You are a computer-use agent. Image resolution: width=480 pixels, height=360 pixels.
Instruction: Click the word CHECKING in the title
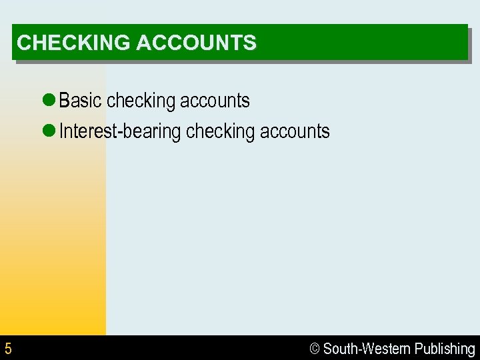[x=73, y=43]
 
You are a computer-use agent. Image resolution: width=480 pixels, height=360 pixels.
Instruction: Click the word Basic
[x=81, y=101]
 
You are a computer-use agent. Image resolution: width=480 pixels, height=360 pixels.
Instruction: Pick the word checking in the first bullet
[x=140, y=101]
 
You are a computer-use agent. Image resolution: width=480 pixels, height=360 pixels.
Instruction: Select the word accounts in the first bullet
[x=215, y=101]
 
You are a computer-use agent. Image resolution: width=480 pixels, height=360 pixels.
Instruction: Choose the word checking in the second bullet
[x=220, y=132]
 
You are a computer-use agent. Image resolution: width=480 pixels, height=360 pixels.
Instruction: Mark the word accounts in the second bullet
[x=295, y=131]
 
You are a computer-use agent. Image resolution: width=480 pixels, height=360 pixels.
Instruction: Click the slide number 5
[x=8, y=349]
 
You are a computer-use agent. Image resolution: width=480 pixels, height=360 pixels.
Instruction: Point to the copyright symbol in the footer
[x=315, y=349]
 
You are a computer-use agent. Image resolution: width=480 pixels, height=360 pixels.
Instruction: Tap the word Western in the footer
[x=386, y=349]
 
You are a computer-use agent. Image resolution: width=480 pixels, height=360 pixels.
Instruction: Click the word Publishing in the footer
[x=445, y=349]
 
